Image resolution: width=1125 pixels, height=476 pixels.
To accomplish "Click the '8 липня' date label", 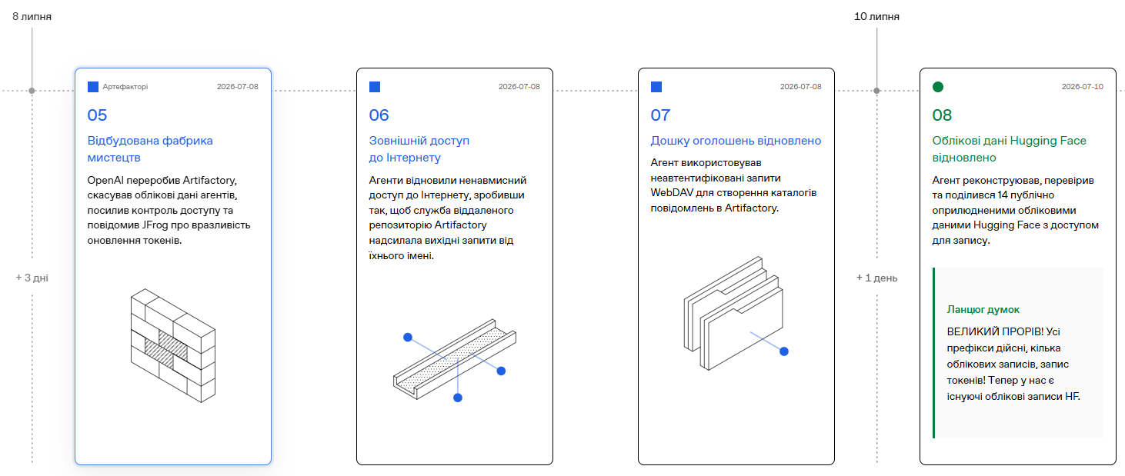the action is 32,17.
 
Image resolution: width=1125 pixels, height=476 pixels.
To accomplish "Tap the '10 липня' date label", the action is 876,17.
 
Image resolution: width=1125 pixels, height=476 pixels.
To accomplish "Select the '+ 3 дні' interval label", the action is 32,278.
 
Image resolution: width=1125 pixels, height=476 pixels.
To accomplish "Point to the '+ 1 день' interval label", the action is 876,278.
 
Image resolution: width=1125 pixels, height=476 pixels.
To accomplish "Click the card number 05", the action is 97,115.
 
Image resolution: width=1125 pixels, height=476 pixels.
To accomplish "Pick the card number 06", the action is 379,115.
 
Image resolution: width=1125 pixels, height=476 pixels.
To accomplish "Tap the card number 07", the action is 660,115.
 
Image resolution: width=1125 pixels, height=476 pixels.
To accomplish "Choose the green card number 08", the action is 942,115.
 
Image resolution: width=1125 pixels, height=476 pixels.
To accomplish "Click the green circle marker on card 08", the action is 938,87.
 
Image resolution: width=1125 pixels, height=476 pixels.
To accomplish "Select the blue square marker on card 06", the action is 375,87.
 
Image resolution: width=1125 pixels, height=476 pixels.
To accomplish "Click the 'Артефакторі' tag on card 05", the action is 125,87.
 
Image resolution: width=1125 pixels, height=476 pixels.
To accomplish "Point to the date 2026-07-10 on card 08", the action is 1083,86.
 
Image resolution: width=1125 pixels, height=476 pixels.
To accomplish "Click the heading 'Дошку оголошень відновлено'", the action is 736,141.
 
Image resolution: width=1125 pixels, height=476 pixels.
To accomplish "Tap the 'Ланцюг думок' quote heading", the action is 983,309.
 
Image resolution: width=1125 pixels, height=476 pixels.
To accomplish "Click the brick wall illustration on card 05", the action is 173,345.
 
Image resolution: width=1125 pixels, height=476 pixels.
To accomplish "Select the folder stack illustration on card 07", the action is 733,313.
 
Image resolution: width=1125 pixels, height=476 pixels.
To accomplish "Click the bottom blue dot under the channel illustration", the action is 458,398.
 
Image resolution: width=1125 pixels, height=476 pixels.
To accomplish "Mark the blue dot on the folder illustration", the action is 784,351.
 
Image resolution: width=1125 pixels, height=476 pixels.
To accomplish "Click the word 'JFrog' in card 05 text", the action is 155,225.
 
